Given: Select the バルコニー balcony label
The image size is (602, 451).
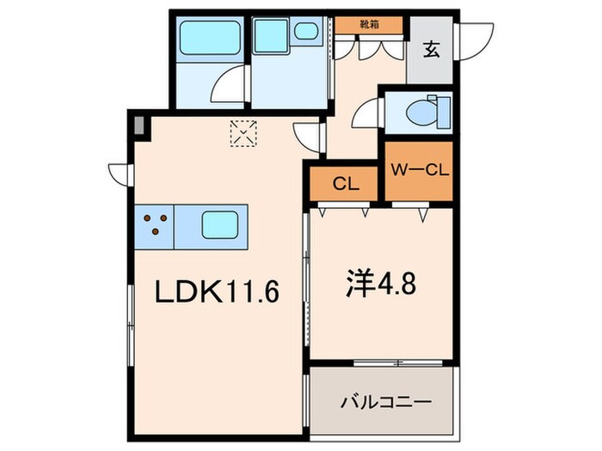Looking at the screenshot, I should [x=384, y=401].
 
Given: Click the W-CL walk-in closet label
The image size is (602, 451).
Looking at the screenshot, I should [x=419, y=169].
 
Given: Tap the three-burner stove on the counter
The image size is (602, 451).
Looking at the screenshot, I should [x=155, y=225].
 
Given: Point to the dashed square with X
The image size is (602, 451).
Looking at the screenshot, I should [x=243, y=132].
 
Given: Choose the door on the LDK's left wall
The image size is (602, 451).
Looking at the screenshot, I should [x=118, y=169].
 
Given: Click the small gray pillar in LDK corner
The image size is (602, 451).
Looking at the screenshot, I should [x=138, y=125].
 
